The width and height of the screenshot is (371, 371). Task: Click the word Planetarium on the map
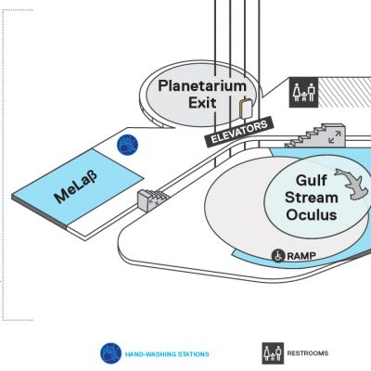coord(202,85)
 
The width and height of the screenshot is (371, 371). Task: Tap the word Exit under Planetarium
coord(202,103)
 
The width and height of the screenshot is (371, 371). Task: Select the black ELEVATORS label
coord(238,132)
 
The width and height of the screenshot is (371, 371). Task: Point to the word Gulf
coord(311,181)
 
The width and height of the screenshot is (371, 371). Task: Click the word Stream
coord(312,198)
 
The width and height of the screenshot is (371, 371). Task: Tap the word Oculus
coord(312,214)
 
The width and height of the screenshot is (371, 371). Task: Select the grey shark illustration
coord(352,184)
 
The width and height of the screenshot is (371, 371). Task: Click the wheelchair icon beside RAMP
coord(278,256)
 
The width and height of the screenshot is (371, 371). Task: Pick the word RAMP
coord(301,256)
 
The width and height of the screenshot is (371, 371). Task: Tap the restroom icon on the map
coord(303,93)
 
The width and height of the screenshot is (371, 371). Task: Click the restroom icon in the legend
coord(273,353)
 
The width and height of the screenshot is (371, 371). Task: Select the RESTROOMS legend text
coord(308,353)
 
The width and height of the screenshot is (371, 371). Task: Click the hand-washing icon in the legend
coord(110,353)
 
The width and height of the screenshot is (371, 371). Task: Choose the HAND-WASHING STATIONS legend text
coord(167,354)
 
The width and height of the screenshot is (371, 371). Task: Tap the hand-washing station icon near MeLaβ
coord(127,145)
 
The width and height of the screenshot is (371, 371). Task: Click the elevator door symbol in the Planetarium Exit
coord(246,109)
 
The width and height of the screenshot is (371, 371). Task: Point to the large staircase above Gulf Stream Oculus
coord(315,136)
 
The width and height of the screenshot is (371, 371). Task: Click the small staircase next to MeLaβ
coord(151,199)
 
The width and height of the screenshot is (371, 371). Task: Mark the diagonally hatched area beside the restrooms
coord(344,93)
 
